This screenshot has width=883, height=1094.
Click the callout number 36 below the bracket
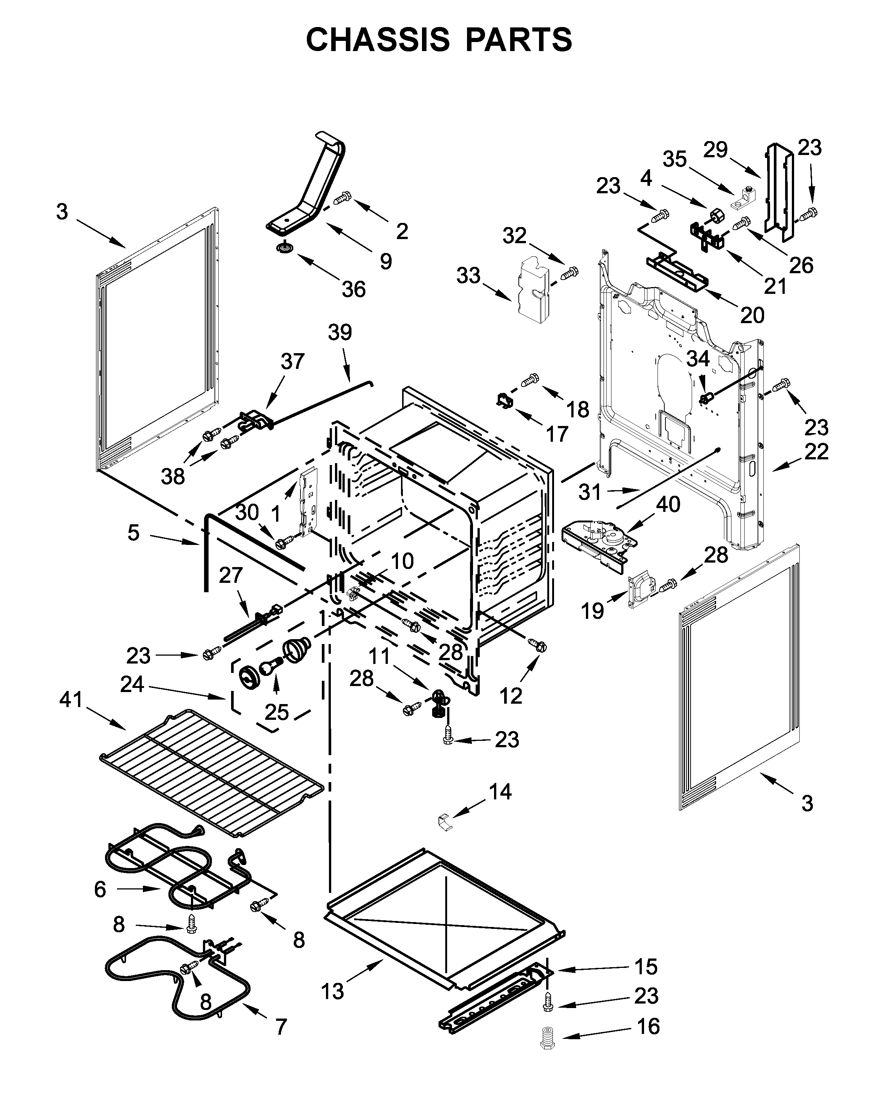[x=353, y=289]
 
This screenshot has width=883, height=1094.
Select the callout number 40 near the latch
[x=667, y=504]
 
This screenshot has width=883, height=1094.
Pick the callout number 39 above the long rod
[x=340, y=332]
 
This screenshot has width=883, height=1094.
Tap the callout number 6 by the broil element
[x=100, y=889]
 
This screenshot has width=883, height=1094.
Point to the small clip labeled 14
[x=445, y=821]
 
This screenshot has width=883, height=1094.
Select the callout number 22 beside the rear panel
[x=816, y=451]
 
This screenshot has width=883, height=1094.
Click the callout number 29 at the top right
[x=716, y=150]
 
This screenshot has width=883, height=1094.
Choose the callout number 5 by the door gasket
[x=133, y=533]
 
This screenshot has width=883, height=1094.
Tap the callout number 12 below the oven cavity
[x=510, y=695]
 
